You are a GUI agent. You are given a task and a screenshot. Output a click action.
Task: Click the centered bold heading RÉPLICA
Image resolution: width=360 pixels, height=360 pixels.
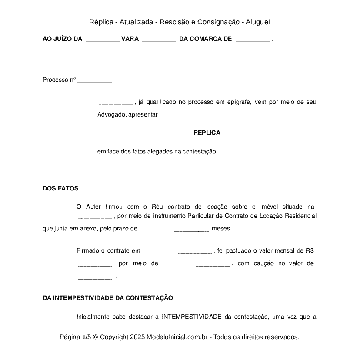pyautogui.click(x=207, y=133)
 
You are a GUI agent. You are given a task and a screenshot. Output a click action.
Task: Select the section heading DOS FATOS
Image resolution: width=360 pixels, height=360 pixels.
pyautogui.click(x=60, y=188)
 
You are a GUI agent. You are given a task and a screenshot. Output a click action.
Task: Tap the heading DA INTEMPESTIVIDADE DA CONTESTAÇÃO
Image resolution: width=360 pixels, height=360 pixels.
pyautogui.click(x=108, y=298)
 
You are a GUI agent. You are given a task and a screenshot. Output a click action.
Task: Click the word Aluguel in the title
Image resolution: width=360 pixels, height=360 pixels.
pyautogui.click(x=258, y=22)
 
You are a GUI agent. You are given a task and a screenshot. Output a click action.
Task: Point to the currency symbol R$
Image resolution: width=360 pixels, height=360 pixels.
pyautogui.click(x=310, y=250)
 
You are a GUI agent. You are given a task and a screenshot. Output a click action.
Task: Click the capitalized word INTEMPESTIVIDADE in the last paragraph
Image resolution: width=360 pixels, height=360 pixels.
pyautogui.click(x=191, y=317)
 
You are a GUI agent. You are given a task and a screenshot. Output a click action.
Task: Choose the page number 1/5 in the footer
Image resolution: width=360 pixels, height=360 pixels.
pyautogui.click(x=86, y=337)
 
